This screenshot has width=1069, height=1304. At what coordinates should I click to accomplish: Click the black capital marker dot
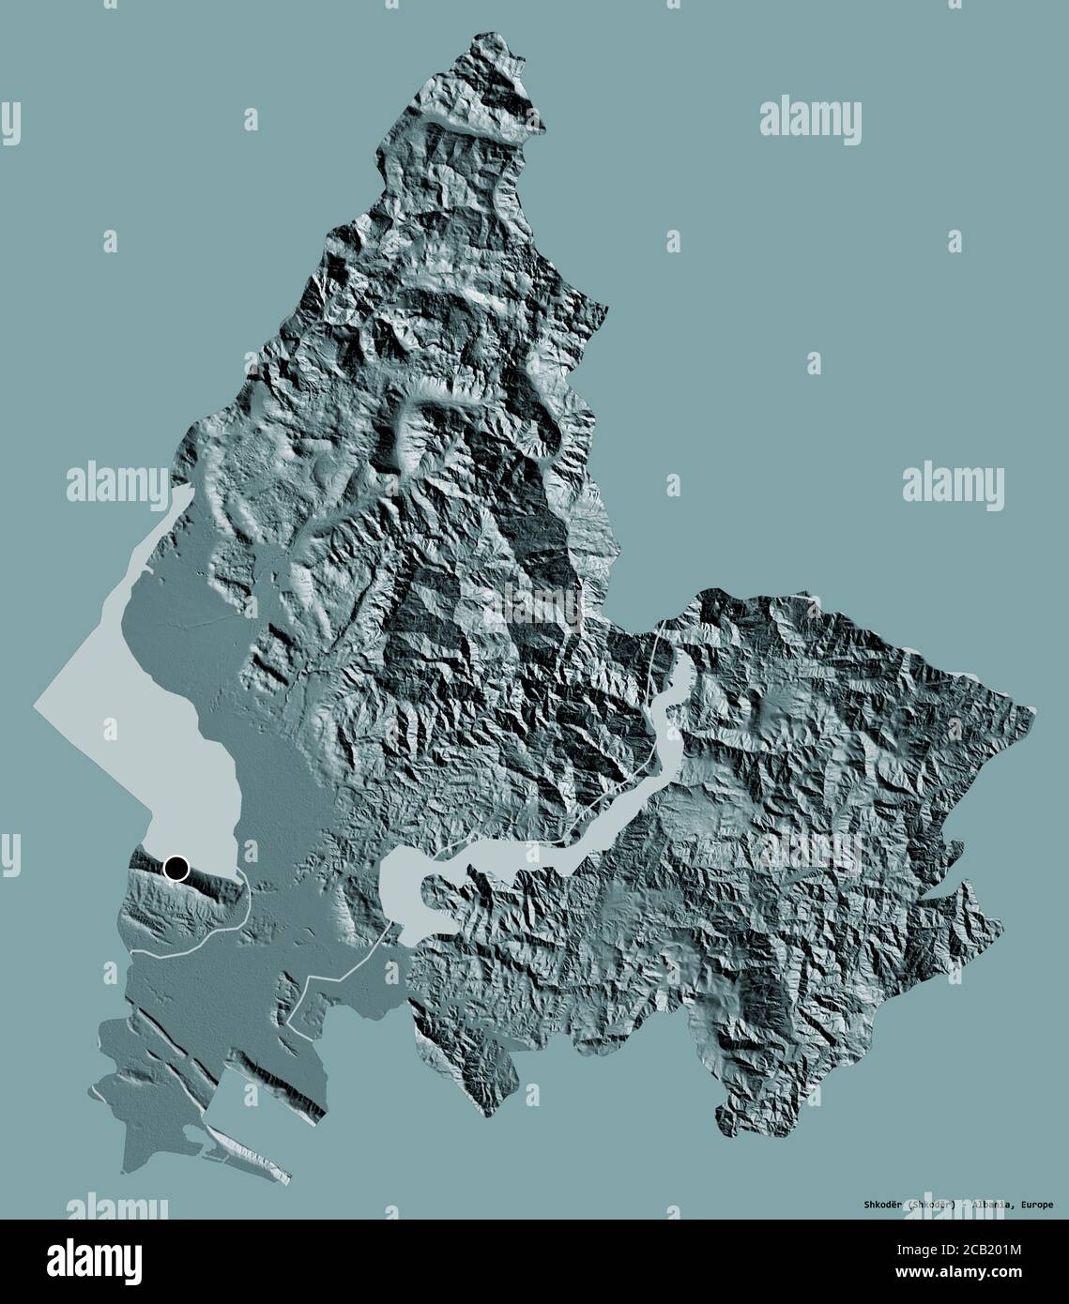coord(176,869)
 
